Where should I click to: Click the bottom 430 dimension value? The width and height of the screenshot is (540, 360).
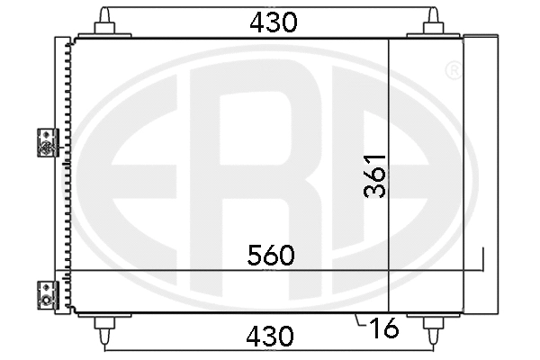coord(271,337)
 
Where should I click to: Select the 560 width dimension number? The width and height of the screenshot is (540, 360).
coord(271,256)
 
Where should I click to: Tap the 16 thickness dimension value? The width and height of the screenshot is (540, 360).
coord(383,329)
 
